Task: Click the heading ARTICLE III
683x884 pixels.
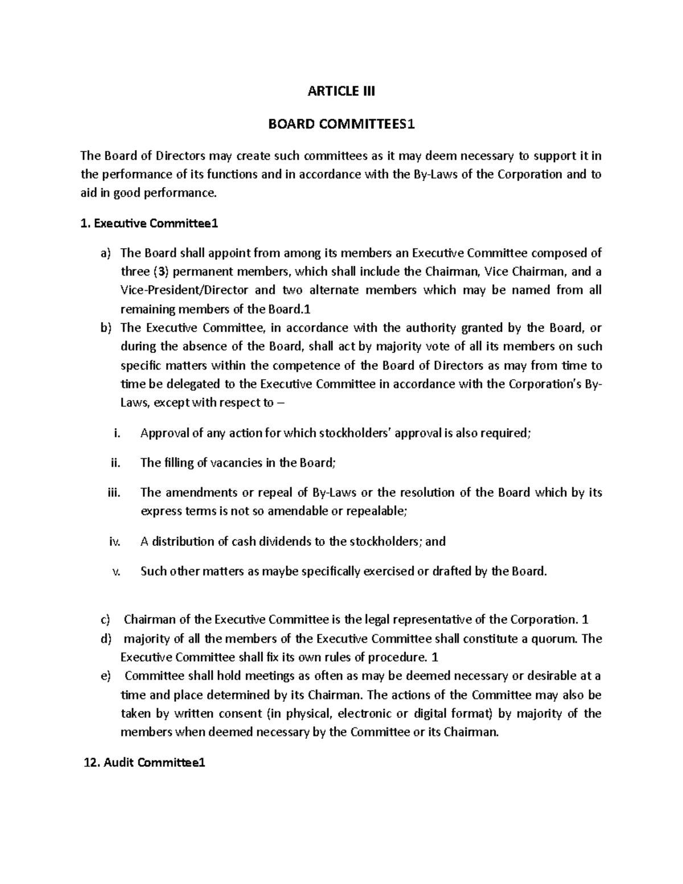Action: click(341, 91)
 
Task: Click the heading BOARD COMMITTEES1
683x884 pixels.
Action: click(341, 124)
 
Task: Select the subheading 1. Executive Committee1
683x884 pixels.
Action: click(150, 224)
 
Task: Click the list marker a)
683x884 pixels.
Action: click(106, 253)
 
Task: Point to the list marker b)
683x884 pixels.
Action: click(106, 328)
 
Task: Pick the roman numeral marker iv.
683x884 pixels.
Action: click(114, 542)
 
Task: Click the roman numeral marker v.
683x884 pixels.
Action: click(117, 572)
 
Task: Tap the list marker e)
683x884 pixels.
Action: click(106, 676)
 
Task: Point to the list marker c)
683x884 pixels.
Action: click(106, 620)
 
